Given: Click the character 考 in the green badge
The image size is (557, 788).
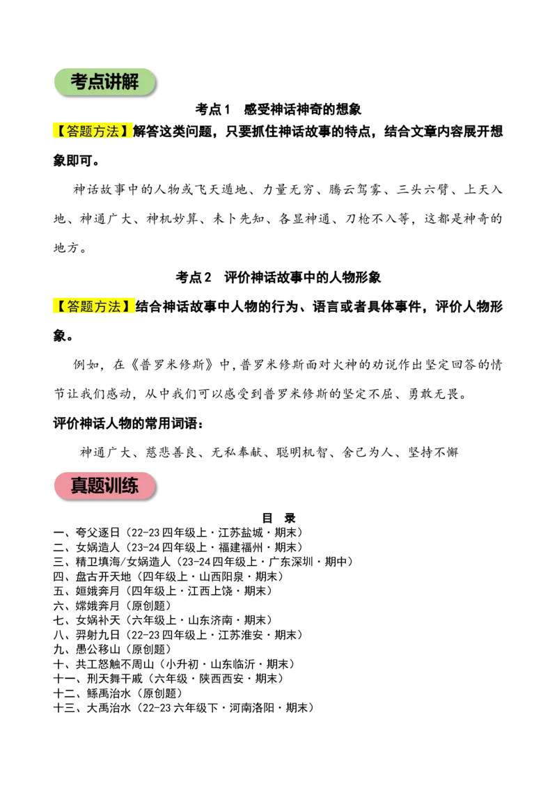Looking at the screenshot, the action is coord(79,82).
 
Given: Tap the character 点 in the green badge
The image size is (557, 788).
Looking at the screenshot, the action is coord(96,82).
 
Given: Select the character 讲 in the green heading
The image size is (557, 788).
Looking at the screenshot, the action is coord(113,82).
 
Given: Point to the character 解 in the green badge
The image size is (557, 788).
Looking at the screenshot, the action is coord(130,82).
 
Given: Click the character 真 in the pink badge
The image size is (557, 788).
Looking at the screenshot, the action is coord(79,486).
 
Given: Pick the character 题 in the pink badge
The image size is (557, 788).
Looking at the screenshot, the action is coord(96,486).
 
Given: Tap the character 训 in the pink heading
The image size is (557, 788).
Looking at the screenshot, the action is coord(113,486).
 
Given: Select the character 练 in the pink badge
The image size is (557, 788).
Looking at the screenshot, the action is coord(130,486).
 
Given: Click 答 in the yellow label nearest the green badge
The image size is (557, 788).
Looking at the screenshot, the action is coord(73,131).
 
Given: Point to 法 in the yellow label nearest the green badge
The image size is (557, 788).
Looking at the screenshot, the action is coord(113,131).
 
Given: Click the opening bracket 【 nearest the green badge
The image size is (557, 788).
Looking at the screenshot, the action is coord(60,131).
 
